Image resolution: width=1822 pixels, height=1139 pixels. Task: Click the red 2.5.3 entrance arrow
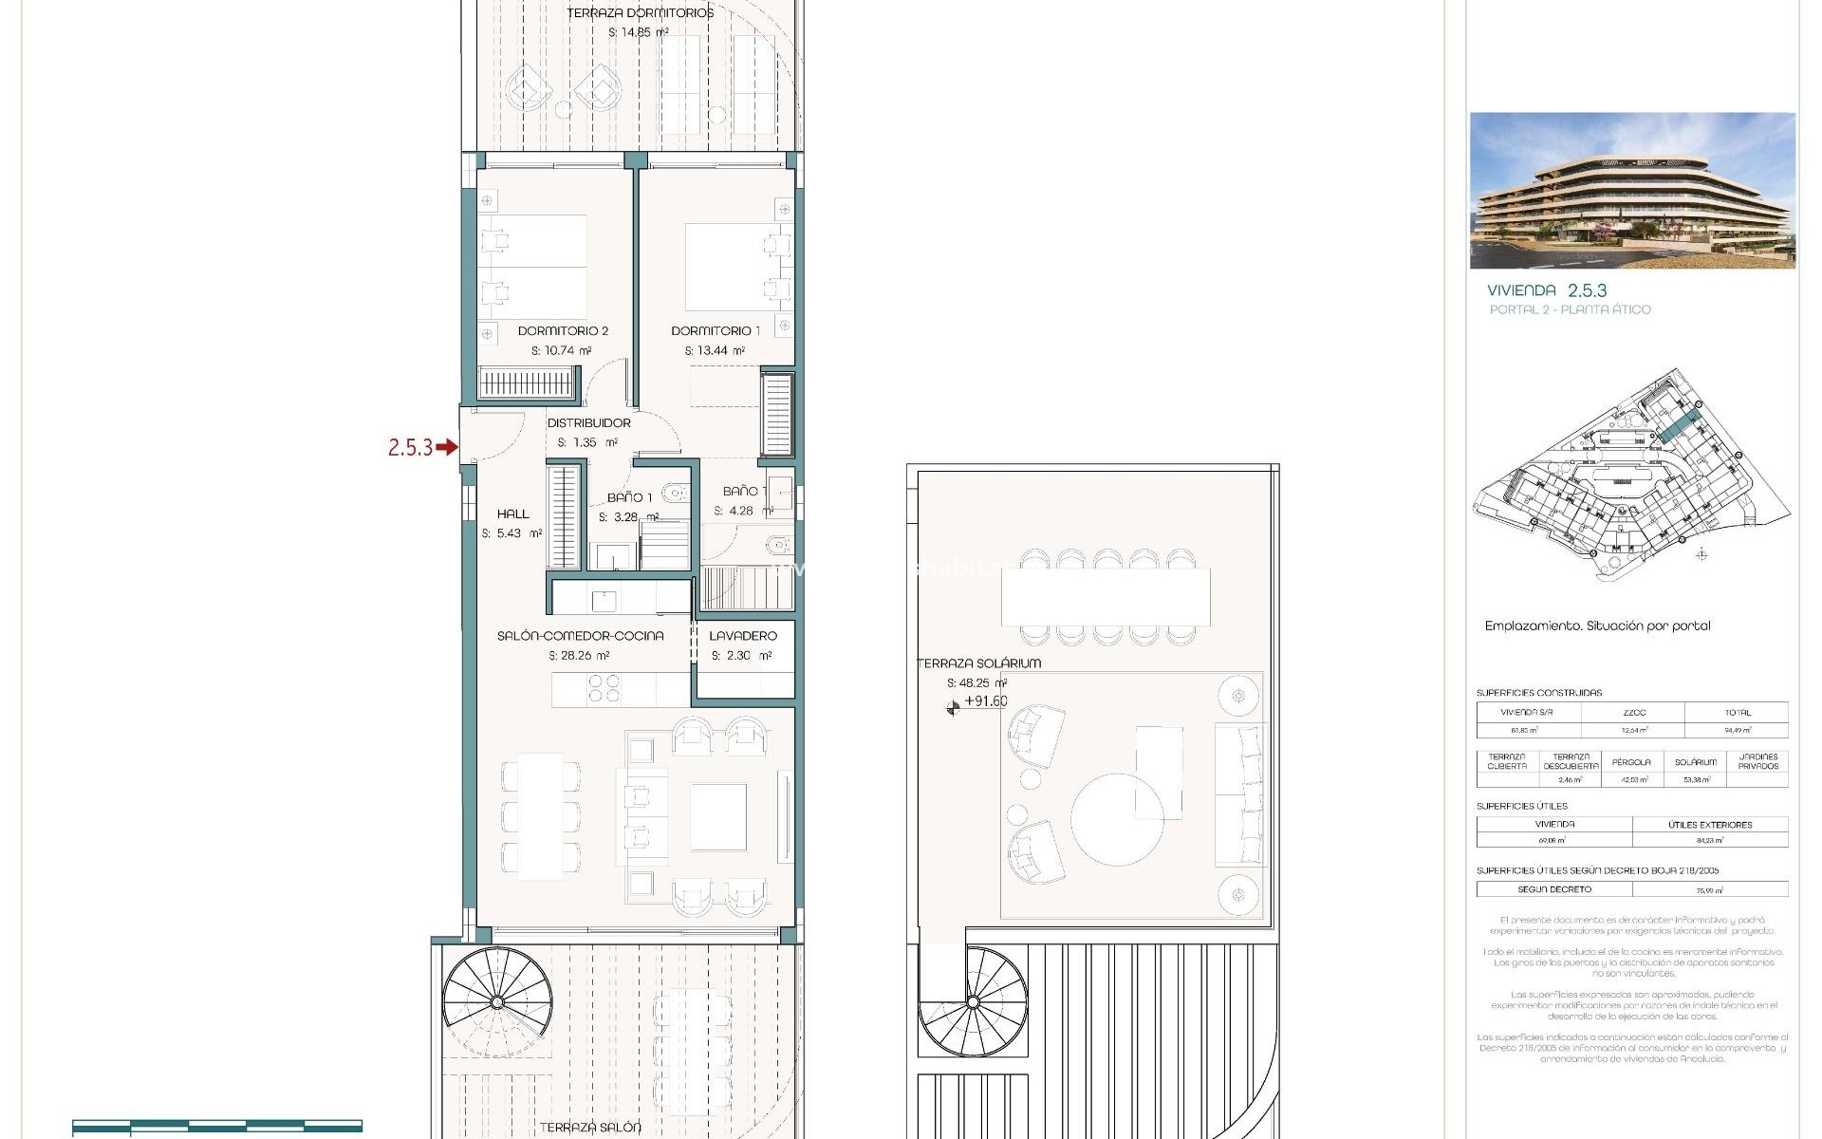pyautogui.click(x=446, y=447)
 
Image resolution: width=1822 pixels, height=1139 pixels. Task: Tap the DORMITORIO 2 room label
pyautogui.click(x=563, y=331)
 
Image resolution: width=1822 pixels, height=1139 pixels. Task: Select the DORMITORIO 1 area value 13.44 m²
pyautogui.click(x=715, y=351)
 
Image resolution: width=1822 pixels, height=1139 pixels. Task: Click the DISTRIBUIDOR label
pyautogui.click(x=588, y=423)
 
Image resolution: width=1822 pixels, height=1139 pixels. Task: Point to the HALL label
pyautogui.click(x=512, y=514)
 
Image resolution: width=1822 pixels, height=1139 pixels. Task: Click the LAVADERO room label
pyautogui.click(x=743, y=636)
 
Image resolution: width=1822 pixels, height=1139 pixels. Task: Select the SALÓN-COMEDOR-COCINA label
pyautogui.click(x=580, y=636)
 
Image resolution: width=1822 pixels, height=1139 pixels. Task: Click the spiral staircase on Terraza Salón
pyautogui.click(x=496, y=1001)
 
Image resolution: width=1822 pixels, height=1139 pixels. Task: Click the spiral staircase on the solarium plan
pyautogui.click(x=973, y=1001)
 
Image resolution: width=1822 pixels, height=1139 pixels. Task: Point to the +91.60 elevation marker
pyautogui.click(x=985, y=702)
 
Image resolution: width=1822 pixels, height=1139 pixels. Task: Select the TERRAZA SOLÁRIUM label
pyautogui.click(x=979, y=663)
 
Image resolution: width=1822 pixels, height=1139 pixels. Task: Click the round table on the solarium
pyautogui.click(x=1117, y=819)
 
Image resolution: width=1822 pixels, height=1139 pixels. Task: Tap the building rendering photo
pyautogui.click(x=1632, y=191)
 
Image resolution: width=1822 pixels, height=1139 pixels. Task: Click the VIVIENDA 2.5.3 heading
pyautogui.click(x=1547, y=290)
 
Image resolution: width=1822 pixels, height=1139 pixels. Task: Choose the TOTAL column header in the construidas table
pyautogui.click(x=1738, y=713)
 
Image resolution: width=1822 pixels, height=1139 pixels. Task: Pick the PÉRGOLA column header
pyautogui.click(x=1631, y=762)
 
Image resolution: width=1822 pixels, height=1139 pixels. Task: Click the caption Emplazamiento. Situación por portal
pyautogui.click(x=1597, y=626)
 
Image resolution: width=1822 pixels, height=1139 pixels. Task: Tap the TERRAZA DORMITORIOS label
pyautogui.click(x=640, y=13)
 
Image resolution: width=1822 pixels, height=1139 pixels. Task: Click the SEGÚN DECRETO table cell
pyautogui.click(x=1554, y=889)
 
